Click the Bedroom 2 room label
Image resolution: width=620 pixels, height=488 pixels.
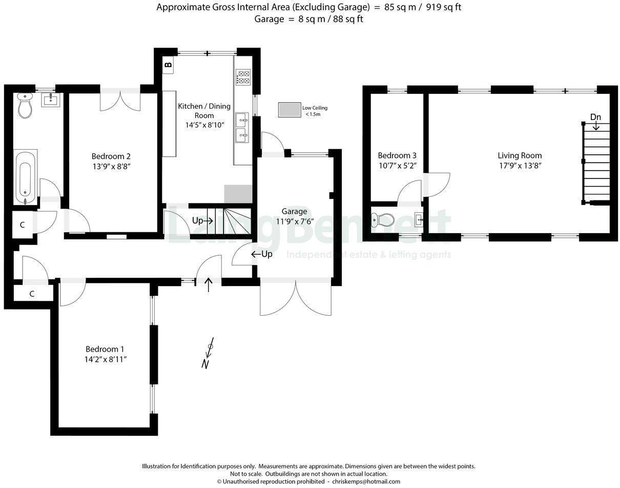coord(108,156)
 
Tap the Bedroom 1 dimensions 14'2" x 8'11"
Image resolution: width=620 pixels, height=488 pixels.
coord(106,359)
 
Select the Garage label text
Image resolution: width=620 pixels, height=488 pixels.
coord(294,211)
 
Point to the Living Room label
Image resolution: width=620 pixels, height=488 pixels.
coord(520,155)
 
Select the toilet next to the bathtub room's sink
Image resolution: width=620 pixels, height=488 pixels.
coord(25,106)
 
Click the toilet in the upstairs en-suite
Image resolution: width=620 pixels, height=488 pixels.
coord(382,220)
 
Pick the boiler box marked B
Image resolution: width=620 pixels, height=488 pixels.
coord(168,65)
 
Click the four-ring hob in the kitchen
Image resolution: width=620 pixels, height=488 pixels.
coord(243,77)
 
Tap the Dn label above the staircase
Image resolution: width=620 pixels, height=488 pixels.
coord(595,117)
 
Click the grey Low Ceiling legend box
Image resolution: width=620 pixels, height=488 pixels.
coord(290,110)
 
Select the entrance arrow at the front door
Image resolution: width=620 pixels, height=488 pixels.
coord(209,284)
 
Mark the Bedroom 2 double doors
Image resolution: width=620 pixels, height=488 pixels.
coord(120,100)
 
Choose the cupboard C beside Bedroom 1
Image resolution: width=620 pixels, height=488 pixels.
coord(32,294)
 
